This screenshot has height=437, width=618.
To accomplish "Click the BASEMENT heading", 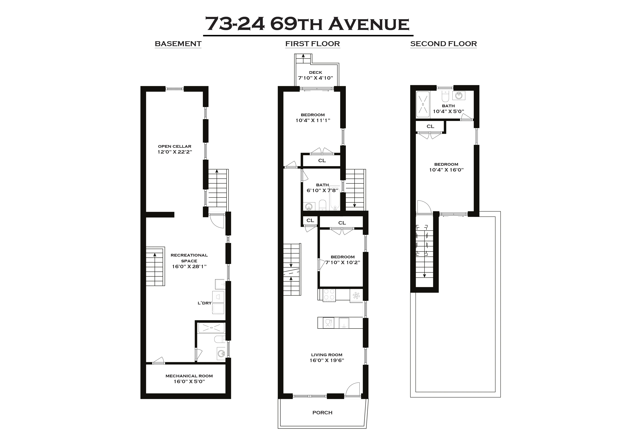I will (178, 44).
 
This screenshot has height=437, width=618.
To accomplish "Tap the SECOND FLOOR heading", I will (443, 44).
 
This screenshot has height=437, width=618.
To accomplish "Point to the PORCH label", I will (322, 413).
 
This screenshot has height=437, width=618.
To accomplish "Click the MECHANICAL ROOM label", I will (189, 376).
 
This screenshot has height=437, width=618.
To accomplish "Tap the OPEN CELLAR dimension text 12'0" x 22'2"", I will (175, 152).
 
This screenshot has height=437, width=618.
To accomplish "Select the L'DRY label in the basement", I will (205, 303).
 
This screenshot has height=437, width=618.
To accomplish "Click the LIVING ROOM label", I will (326, 355).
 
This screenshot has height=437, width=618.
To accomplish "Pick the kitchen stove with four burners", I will (329, 294).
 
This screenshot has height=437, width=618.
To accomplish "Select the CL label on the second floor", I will (430, 126).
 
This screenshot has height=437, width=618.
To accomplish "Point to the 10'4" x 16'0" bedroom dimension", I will (446, 170).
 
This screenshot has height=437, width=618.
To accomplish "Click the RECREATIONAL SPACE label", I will (189, 258).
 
